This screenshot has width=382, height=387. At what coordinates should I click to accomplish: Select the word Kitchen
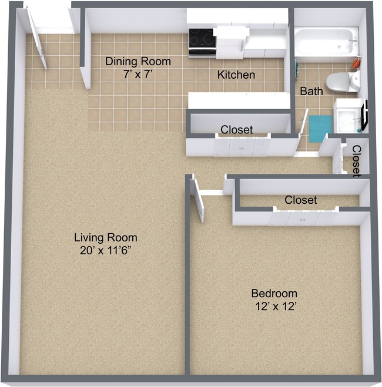click(x=236, y=75)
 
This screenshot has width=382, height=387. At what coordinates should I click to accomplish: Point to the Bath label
click(x=311, y=92)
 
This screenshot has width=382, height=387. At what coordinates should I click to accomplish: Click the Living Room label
click(x=105, y=238)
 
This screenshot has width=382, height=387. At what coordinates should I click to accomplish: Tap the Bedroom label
click(x=274, y=293)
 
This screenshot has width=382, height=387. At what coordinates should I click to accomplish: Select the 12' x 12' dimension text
click(x=274, y=307)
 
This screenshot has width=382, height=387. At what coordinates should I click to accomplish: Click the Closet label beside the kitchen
click(x=236, y=129)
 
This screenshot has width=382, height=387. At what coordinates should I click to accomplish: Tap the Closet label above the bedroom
click(x=300, y=200)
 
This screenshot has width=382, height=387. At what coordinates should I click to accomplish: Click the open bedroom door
click(x=198, y=203)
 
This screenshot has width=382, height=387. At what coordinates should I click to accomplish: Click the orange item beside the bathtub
click(x=356, y=61)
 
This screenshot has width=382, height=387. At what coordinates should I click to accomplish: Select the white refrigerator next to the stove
click(x=230, y=41)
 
